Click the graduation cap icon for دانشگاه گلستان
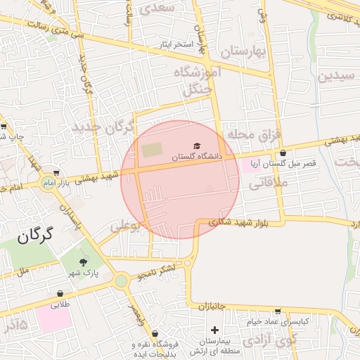197,146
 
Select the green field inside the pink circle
151,150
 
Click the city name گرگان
33,236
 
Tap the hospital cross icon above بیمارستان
214,330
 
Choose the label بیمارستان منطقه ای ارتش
215,345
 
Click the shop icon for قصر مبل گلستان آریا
283,153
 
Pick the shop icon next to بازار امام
56,174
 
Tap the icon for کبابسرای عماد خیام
278,311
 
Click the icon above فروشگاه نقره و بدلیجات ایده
155,334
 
